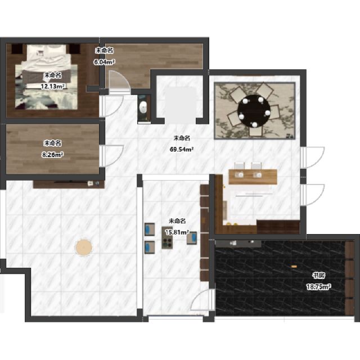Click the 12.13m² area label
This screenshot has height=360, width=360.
click(x=52, y=86)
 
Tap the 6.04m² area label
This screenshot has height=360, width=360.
click(x=104, y=62)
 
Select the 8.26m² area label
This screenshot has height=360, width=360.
click(x=52, y=155)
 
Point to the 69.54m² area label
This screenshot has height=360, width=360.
click(x=181, y=149)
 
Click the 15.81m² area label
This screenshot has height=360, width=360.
click(x=177, y=232)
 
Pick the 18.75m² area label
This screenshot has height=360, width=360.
click(x=319, y=286)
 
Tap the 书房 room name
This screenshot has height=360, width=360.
click(x=319, y=275)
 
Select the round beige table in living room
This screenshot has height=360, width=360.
click(x=84, y=247)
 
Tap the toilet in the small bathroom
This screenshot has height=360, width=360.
click(x=143, y=107)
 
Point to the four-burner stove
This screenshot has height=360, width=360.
click(x=167, y=238)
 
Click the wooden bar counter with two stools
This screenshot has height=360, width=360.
click(x=253, y=176)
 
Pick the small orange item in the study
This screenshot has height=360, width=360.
click(x=294, y=266)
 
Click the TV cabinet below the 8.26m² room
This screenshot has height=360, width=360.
click(x=69, y=184)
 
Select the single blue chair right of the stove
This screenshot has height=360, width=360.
click(x=192, y=238)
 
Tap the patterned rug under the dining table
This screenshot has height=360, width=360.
click(x=255, y=111)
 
